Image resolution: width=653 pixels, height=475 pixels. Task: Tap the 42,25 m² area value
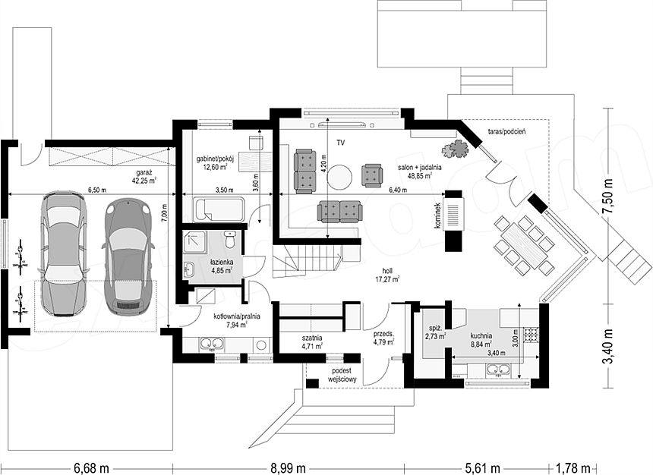click(144, 181)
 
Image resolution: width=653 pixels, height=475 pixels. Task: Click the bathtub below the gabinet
click(219, 209)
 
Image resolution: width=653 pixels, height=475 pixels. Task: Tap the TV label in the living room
click(341, 143)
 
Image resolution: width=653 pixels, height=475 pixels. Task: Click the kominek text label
click(437, 215)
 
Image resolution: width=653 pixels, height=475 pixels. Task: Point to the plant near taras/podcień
click(456, 149)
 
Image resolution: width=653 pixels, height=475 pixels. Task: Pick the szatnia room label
click(313, 338)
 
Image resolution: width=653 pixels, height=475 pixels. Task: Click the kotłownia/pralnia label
click(237, 316)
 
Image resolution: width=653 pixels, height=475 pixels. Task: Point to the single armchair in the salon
click(371, 175)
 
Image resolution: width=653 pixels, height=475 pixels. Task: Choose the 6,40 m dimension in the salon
click(397, 190)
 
